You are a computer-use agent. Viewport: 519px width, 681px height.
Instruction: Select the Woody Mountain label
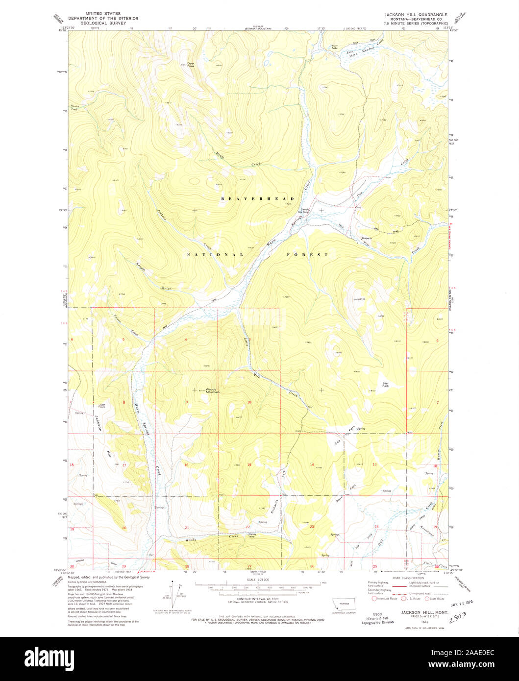pos(212,391)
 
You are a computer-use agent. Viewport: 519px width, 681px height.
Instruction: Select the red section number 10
pos(249,402)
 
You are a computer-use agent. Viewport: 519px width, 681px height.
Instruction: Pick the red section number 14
pos(311,464)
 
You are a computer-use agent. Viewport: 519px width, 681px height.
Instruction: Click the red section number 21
pos(187,528)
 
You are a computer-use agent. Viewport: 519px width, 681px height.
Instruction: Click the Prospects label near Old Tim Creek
pos(366,239)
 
